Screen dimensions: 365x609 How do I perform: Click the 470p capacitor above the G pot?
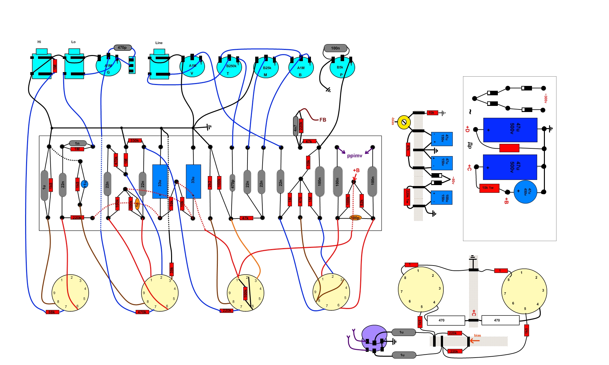(122, 48)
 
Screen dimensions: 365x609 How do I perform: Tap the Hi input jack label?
(39, 42)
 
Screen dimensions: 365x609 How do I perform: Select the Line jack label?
(159, 43)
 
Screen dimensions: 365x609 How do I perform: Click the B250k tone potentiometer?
(229, 68)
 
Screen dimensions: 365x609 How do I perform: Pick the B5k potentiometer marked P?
(342, 68)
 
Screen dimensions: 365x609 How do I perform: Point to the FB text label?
(323, 120)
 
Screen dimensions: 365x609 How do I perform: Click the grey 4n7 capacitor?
(295, 126)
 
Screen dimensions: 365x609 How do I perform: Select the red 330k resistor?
(134, 141)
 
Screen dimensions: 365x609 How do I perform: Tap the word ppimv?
(354, 156)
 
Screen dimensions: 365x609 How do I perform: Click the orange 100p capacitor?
(355, 218)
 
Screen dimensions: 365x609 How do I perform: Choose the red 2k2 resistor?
(210, 182)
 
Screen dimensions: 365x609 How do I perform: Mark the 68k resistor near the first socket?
(52, 312)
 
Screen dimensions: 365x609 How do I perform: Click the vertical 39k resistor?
(171, 269)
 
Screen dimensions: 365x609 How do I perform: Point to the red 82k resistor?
(362, 201)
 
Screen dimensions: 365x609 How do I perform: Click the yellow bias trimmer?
(404, 122)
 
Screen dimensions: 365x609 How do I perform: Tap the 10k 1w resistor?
(489, 188)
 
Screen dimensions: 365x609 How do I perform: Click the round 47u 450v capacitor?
(525, 192)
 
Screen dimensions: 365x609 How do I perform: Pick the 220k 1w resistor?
(407, 197)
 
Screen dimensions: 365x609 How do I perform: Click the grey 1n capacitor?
(77, 143)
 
